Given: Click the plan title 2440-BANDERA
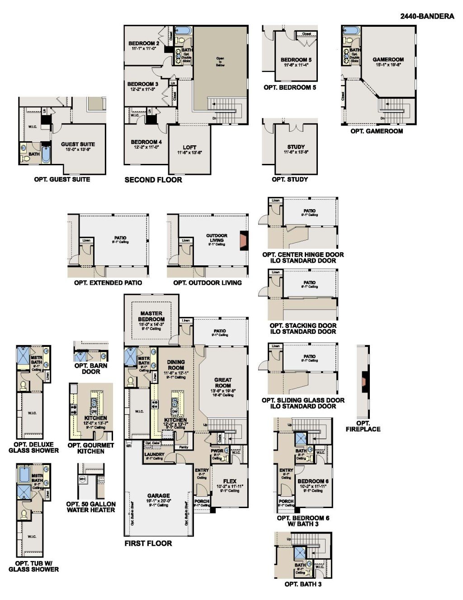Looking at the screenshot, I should [427, 16].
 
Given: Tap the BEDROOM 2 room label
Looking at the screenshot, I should [143, 43].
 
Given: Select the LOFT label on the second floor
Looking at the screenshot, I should [189, 147].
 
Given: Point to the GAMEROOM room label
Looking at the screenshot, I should [388, 59].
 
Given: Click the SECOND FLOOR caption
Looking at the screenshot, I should [153, 180].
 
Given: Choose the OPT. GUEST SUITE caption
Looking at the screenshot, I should [62, 179].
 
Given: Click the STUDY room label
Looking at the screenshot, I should [296, 147].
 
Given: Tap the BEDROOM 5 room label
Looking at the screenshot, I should [296, 60].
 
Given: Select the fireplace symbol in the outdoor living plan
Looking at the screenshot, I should [244, 239].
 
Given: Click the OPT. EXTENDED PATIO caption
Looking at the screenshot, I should [108, 283].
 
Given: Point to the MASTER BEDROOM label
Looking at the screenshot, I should [151, 316].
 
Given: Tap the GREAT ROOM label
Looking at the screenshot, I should [223, 383].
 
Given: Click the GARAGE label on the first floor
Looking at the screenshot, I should [159, 496].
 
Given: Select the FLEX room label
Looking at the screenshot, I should [230, 481].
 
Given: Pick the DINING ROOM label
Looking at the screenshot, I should [176, 365].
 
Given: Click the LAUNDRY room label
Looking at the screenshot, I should [154, 454].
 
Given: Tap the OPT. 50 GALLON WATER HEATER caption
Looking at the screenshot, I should [91, 507].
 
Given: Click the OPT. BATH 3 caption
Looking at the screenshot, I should [303, 584].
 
